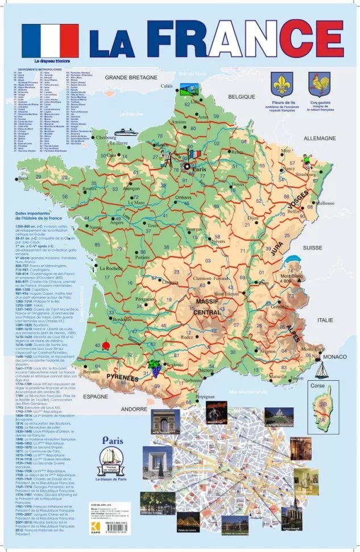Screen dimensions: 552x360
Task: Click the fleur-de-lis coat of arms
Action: [282, 84]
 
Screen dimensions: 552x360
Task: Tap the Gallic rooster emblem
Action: [319, 84]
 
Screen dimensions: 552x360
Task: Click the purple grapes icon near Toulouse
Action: [154, 367]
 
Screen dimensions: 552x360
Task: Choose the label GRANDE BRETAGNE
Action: [130, 77]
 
